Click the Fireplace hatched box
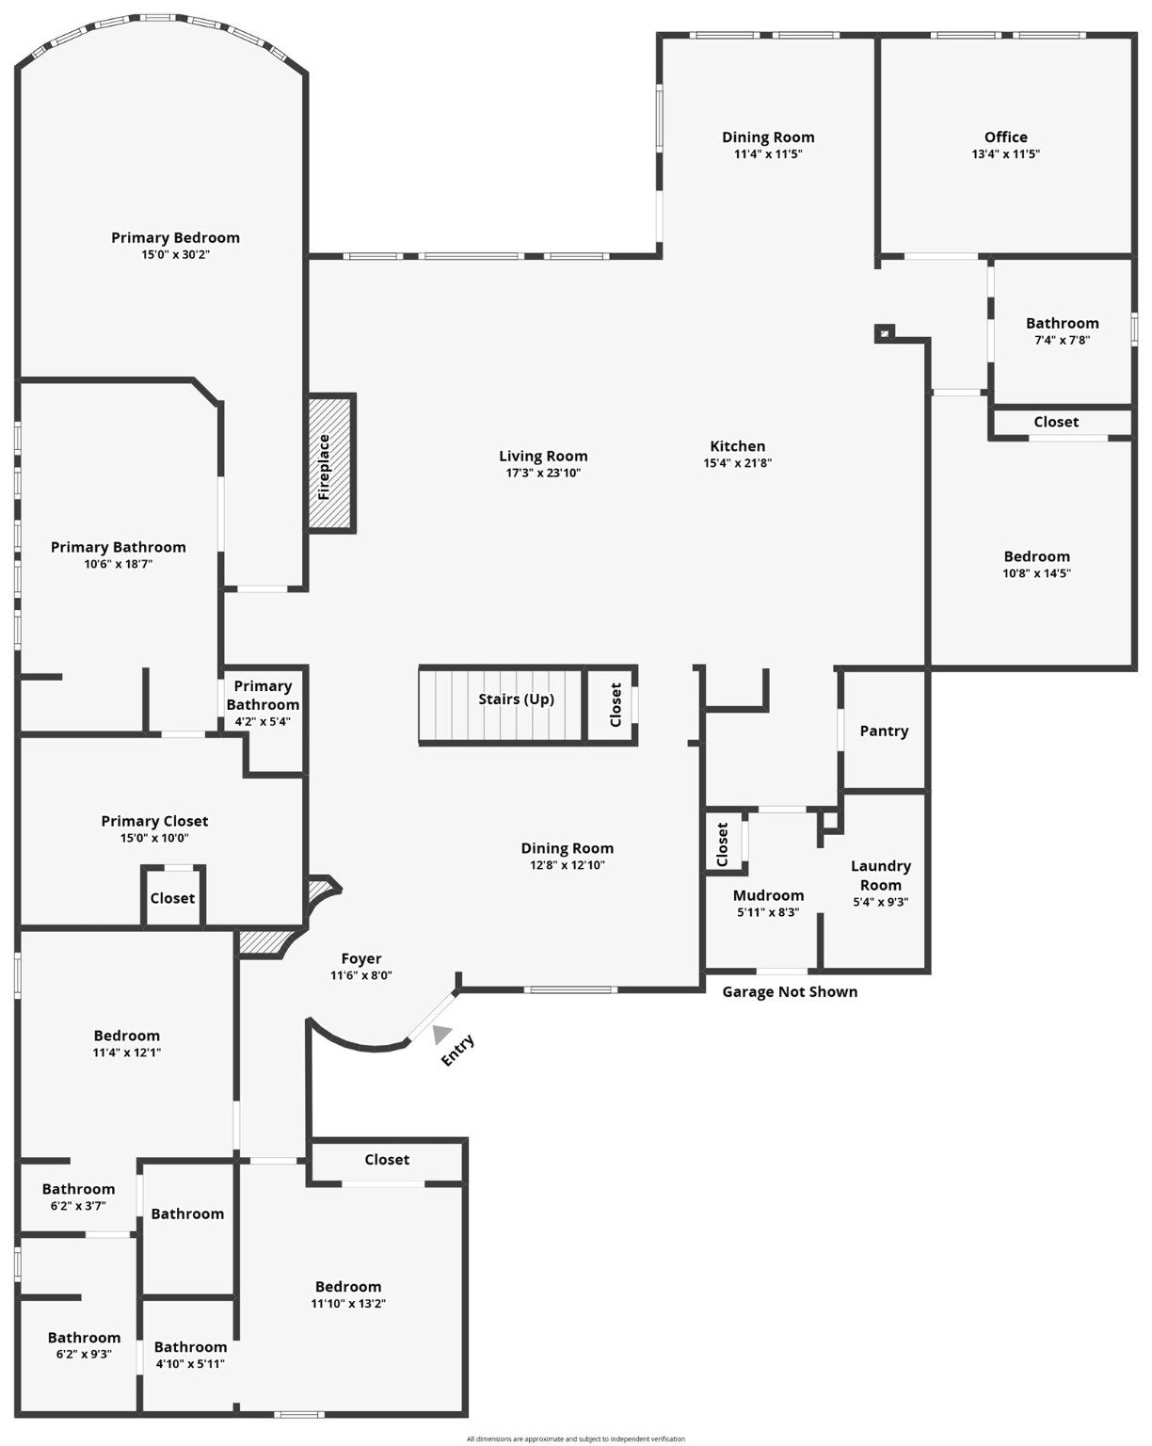tap(329, 463)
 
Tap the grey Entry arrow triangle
tap(440, 1034)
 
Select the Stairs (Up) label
tap(516, 699)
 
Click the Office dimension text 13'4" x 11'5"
tap(1005, 154)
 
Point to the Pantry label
tap(884, 731)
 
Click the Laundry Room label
tap(880, 876)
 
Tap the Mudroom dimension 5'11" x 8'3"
tap(768, 911)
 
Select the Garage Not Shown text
tap(790, 991)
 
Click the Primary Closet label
tap(154, 821)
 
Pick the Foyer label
tap(361, 958)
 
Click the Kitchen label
tap(737, 446)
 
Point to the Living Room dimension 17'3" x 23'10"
tap(543, 473)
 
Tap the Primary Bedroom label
tap(175, 237)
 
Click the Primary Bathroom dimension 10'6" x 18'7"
tap(118, 564)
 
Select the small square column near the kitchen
tap(883, 332)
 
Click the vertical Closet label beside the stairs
tap(616, 704)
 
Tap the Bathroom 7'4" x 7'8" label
tap(1062, 323)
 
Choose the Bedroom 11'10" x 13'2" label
tap(348, 1287)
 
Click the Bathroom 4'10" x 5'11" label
tap(190, 1347)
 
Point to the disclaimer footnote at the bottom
tap(576, 1438)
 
